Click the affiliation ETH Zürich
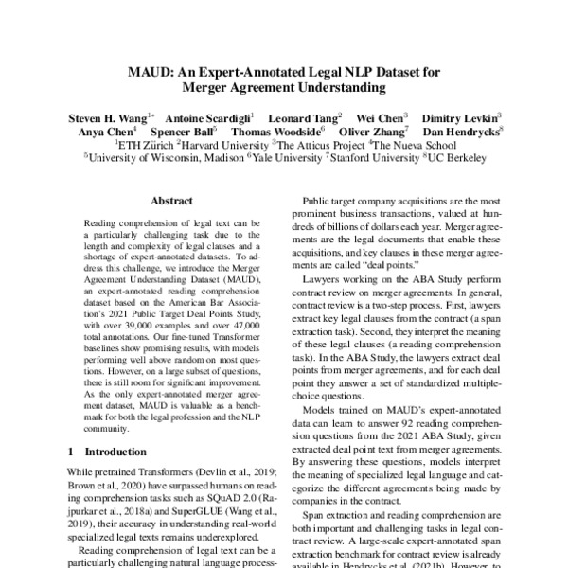coord(145,147)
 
